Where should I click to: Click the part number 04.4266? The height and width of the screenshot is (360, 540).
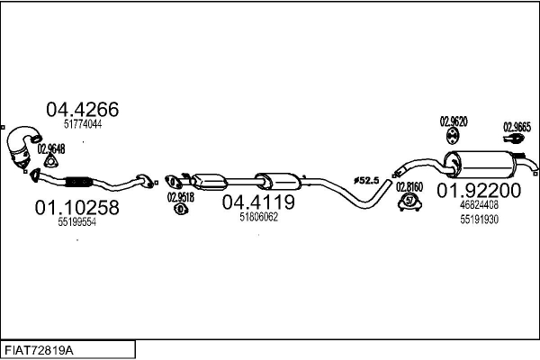[x=82, y=110]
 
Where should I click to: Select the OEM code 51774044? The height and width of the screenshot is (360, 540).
[x=80, y=125]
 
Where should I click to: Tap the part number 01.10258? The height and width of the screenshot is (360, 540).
[x=76, y=208]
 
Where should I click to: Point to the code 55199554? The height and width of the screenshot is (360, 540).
[x=76, y=222]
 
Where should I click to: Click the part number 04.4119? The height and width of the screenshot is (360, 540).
[x=258, y=202]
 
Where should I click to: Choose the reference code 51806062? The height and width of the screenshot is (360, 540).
[x=258, y=217]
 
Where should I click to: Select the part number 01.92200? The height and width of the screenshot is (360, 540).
[x=479, y=190]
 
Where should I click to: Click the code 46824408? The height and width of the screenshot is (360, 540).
[x=479, y=205]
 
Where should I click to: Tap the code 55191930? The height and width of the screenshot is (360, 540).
[x=479, y=219]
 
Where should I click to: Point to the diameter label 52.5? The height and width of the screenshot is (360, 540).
[x=368, y=181]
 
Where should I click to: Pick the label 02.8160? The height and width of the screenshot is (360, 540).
[x=409, y=186]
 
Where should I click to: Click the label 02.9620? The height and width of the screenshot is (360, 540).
[x=452, y=121]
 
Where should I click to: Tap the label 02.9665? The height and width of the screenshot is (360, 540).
[x=517, y=126]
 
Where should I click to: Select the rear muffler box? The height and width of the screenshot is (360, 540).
[x=485, y=164]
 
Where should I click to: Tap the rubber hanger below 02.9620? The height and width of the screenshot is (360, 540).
[x=452, y=136]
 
